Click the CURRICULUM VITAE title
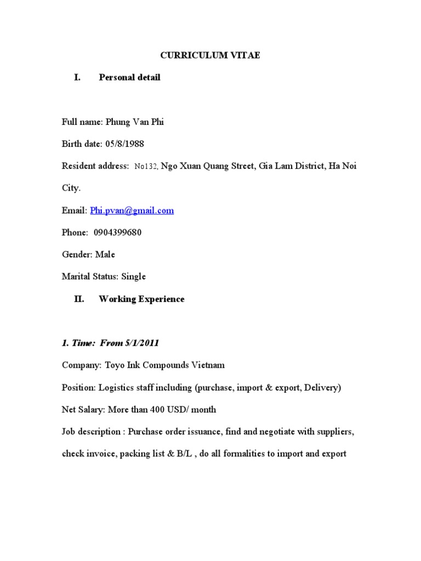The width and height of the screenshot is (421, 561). click(x=210, y=55)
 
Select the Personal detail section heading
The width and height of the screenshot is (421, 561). click(x=129, y=78)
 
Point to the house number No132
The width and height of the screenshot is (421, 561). click(x=146, y=167)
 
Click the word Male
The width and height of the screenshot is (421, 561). click(x=105, y=255)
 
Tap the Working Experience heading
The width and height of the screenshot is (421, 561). click(x=141, y=299)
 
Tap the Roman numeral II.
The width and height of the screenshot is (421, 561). click(x=79, y=299)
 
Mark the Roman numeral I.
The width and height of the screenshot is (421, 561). click(x=77, y=78)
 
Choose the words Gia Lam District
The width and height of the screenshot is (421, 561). click(x=292, y=166)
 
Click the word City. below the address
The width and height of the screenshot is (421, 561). click(x=71, y=188)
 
